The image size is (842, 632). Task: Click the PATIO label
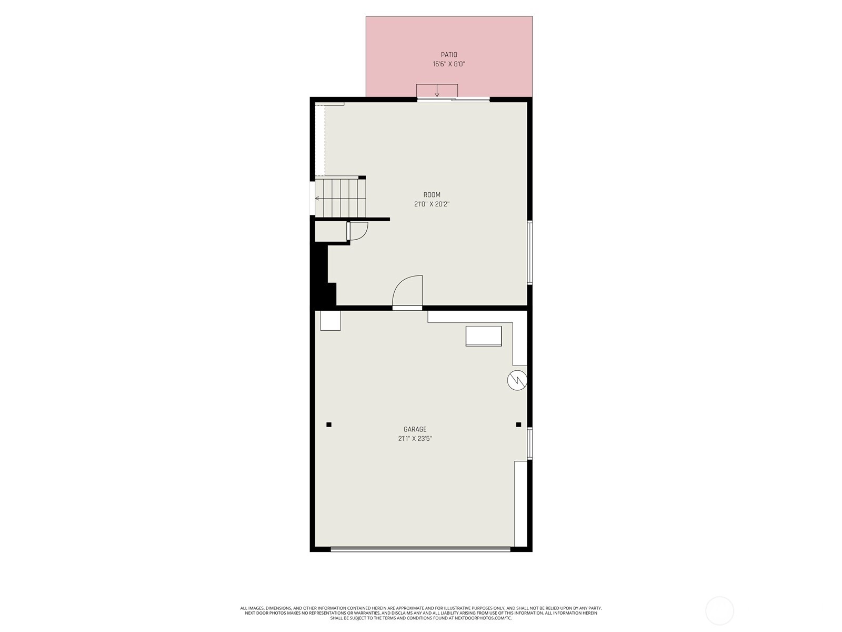click(x=449, y=55)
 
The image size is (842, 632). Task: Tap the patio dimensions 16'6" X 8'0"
click(x=449, y=64)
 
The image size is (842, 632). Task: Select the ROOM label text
click(x=432, y=194)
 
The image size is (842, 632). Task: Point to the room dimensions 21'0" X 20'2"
click(x=432, y=204)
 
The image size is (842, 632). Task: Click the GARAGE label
click(x=415, y=429)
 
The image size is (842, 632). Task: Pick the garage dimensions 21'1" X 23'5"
click(x=415, y=439)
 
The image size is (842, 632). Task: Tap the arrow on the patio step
click(x=437, y=91)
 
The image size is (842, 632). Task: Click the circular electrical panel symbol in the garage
click(x=517, y=380)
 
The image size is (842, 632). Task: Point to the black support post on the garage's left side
click(x=329, y=424)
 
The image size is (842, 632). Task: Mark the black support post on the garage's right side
click(x=518, y=424)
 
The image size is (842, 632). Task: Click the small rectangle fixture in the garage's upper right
click(x=483, y=336)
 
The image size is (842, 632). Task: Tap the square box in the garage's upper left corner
click(x=330, y=320)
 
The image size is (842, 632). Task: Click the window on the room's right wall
click(x=529, y=252)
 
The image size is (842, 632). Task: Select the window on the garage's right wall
click(x=529, y=443)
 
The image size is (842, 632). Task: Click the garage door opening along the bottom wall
click(x=420, y=549)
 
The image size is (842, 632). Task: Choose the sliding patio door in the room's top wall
click(x=454, y=100)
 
